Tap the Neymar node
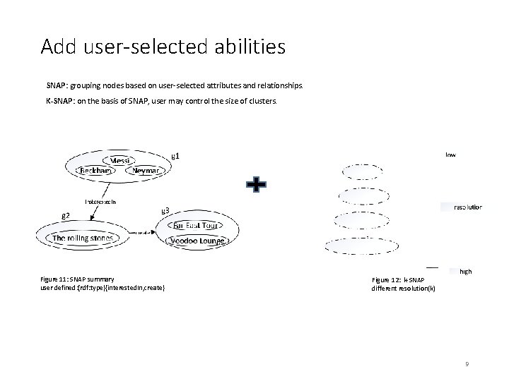coord(146,171)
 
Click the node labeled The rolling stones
coord(83,238)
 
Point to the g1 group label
coord(178,155)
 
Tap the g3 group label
coord(165,210)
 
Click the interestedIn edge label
coord(101,201)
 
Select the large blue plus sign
coord(256,185)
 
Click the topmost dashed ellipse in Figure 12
coord(362,171)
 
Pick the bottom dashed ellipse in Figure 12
coord(358,245)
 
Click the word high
coord(465,271)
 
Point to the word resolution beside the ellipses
coord(467,207)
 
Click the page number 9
coord(467,363)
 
